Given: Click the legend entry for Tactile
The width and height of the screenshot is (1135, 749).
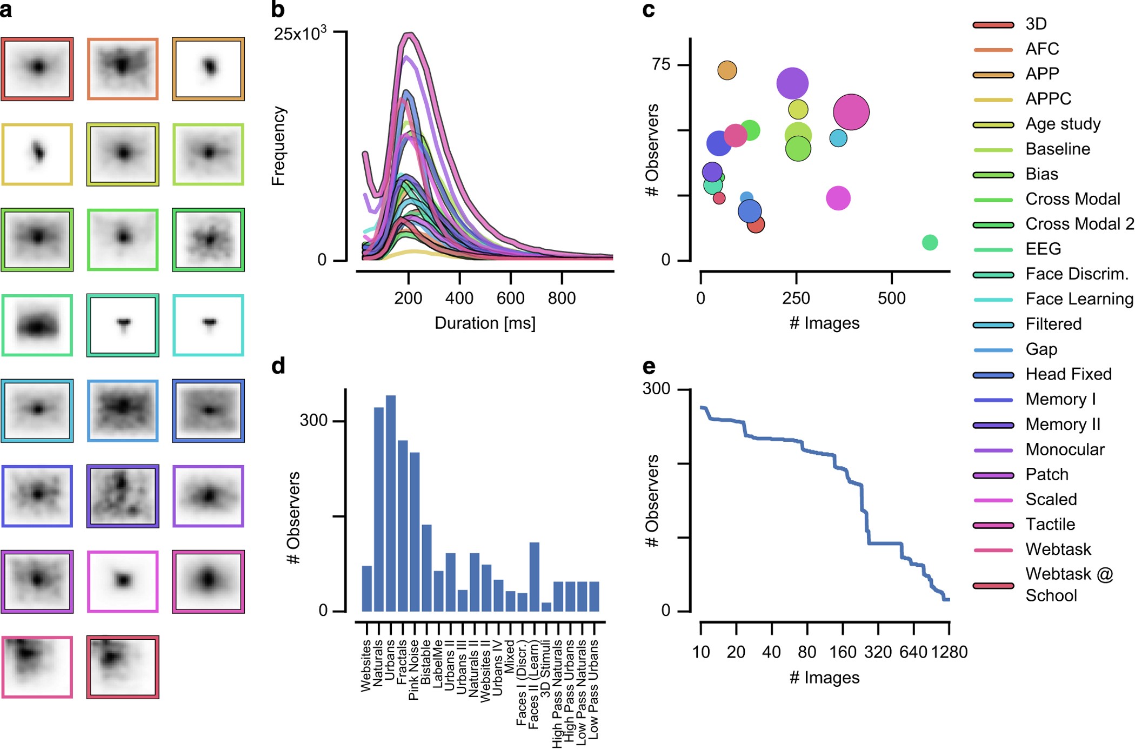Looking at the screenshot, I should tap(1050, 524).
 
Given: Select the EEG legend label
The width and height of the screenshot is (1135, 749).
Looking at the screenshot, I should tap(1043, 249).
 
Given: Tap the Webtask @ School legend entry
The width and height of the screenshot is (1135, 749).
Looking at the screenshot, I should tap(1069, 584).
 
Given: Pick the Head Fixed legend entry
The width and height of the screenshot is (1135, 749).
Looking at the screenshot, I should tap(1068, 374).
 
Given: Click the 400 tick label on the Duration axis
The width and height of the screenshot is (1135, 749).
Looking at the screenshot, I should tap(459, 298).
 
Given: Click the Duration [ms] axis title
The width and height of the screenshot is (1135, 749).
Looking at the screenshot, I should tap(485, 323).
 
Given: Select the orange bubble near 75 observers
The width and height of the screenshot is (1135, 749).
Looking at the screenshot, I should tap(727, 70).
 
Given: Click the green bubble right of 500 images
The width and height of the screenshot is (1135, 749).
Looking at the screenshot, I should tap(930, 242).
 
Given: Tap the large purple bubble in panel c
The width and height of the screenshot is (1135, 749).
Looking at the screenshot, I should tap(792, 84).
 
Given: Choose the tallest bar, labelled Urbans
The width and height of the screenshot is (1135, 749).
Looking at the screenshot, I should tap(390, 503).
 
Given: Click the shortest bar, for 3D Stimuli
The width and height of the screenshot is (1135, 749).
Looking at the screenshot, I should tap(546, 607).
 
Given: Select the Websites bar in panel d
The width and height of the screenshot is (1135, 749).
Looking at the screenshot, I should tap(366, 588).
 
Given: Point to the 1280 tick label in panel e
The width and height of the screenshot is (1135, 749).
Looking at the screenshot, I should tap(949, 652).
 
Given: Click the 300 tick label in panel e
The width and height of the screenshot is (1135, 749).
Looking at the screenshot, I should tap(656, 389).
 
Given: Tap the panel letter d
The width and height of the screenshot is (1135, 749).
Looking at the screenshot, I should tap(278, 367).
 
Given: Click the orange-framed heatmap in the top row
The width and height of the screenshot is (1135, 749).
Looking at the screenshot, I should tap(123, 69).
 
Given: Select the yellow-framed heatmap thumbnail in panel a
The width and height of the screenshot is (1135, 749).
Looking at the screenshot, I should tap(37, 154).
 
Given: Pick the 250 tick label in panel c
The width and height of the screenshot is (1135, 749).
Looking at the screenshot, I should tap(796, 298).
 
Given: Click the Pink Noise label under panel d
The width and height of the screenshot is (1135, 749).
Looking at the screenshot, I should tap(414, 670).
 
